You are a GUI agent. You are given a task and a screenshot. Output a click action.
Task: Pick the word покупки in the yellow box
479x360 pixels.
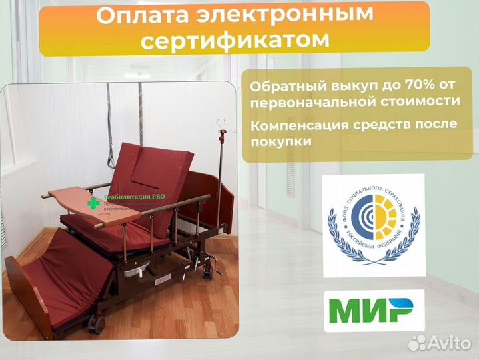point(282,141)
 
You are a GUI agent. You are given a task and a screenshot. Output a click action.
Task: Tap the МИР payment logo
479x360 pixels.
point(371,311)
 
